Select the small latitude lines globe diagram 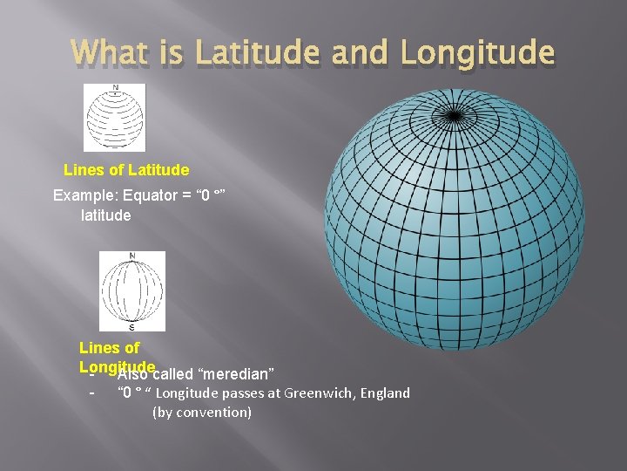(114, 118)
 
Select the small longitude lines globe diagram (131, 290)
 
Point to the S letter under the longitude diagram (131, 327)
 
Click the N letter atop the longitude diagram (131, 256)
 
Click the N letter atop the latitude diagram (114, 87)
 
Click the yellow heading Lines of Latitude (126, 169)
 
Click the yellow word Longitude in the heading (117, 366)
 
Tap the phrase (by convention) (202, 412)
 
